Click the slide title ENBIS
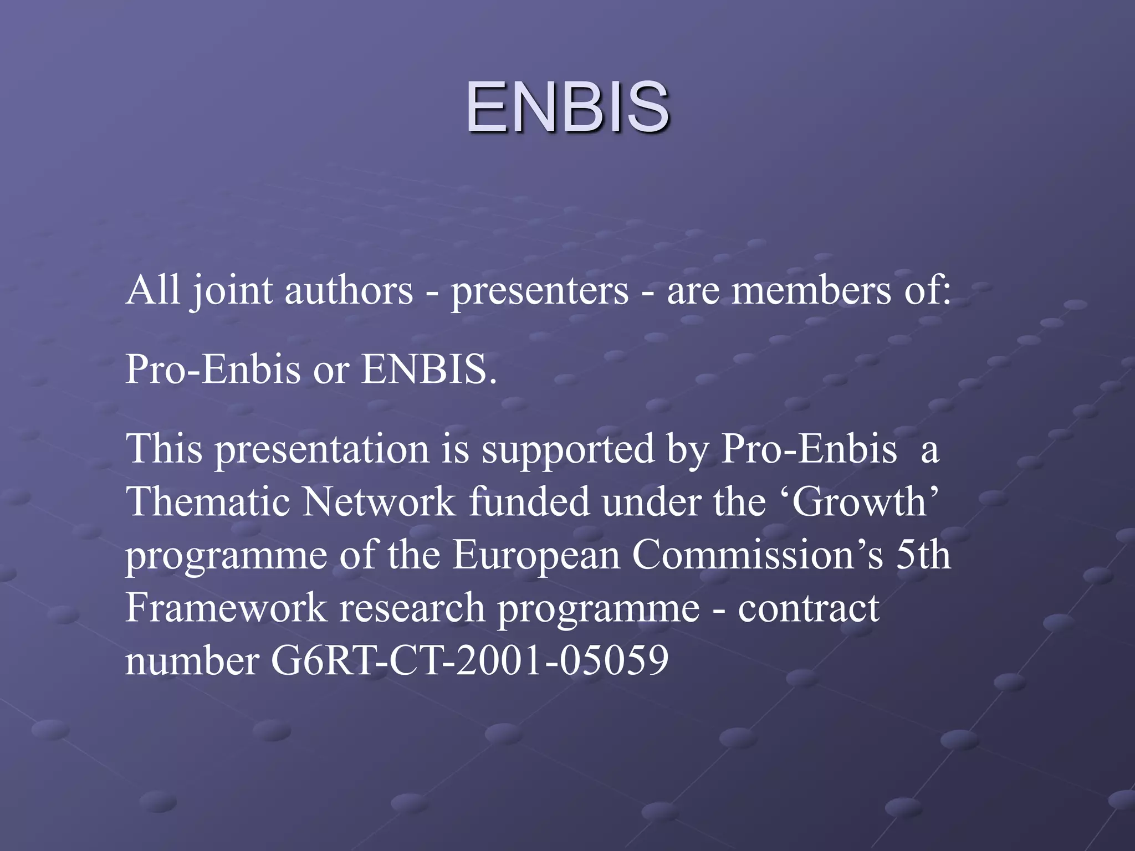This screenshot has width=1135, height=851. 567,107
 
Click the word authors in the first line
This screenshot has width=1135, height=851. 349,290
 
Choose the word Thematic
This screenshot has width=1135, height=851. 208,502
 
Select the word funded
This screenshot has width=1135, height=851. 529,502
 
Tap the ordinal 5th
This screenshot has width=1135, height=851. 923,555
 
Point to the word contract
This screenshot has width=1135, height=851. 809,608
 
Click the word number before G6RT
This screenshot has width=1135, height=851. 192,661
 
